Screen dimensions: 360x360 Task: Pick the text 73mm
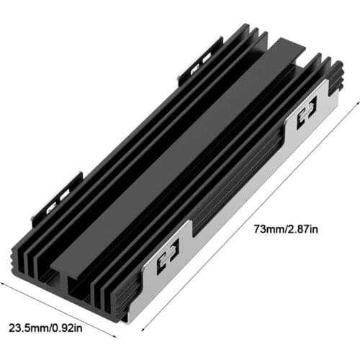coord(265,230)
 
